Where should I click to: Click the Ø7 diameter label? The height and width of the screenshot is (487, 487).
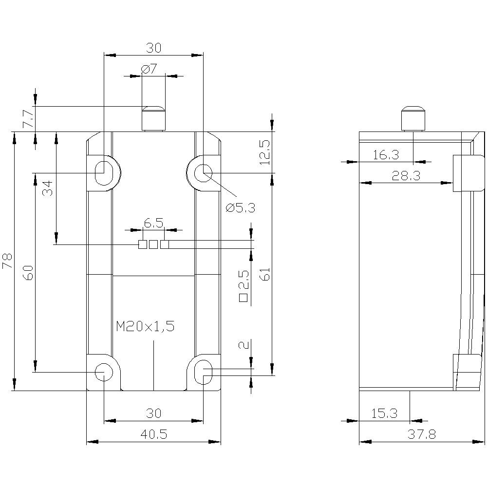pos(150,69)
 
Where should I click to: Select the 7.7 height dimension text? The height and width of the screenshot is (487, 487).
pos(28,118)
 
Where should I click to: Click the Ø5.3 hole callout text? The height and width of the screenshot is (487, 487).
pos(240,208)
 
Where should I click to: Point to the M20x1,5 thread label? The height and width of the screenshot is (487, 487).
pos(145,327)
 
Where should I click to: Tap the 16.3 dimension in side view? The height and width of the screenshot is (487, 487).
pos(386,155)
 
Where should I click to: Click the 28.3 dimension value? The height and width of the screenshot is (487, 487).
pos(406,176)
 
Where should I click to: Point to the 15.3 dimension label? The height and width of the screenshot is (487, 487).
pos(384,413)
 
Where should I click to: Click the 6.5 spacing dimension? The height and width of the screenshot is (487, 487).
pos(153,223)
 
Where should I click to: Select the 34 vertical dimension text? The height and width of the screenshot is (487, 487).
pos(47,187)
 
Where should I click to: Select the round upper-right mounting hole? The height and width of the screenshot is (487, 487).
pos(203,172)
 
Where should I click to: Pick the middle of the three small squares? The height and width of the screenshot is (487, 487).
pos(153,244)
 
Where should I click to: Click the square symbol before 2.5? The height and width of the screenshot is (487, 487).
pos(244,297)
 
